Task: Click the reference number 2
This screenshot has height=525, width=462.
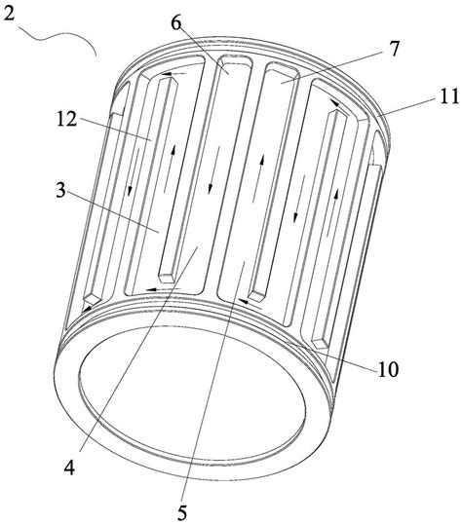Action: (8, 14)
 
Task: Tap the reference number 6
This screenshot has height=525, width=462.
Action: (175, 22)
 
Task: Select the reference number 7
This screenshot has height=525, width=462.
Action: (395, 49)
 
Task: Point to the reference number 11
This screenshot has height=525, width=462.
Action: (447, 97)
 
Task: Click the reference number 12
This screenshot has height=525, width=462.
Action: (66, 119)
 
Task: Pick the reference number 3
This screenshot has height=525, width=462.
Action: (60, 190)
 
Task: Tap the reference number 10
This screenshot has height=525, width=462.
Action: (388, 370)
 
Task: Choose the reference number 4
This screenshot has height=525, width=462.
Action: (69, 467)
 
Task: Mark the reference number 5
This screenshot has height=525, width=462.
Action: (181, 512)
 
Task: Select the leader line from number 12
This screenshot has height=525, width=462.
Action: (115, 130)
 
